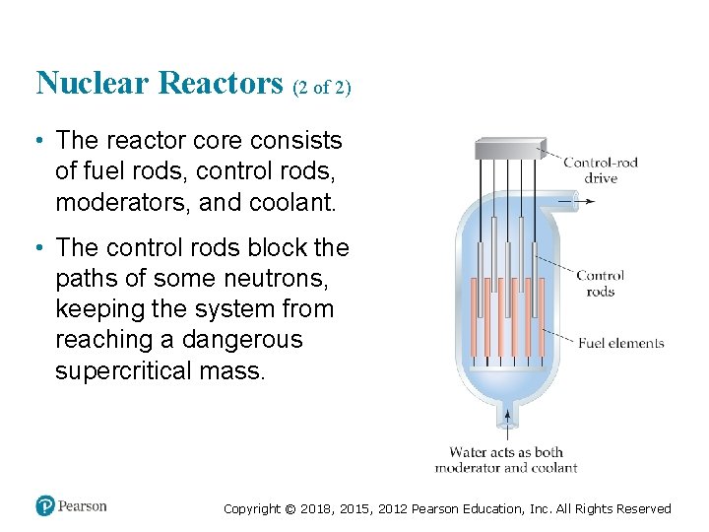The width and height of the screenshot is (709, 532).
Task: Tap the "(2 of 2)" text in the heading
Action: [321, 88]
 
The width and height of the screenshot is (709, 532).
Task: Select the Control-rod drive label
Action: [601, 169]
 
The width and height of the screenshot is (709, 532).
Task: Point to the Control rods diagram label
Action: [600, 284]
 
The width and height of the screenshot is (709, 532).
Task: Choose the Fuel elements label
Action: [620, 344]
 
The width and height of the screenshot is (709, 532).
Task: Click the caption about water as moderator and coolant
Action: [506, 460]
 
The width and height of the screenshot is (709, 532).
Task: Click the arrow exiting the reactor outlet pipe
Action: [583, 202]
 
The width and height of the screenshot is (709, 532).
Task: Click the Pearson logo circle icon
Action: [45, 506]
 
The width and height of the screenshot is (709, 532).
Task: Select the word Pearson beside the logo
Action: [83, 506]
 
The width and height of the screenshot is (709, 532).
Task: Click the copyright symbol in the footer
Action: [289, 509]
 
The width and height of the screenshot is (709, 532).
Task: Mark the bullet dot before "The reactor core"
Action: [39, 141]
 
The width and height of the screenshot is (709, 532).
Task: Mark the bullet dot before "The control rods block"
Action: [39, 247]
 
